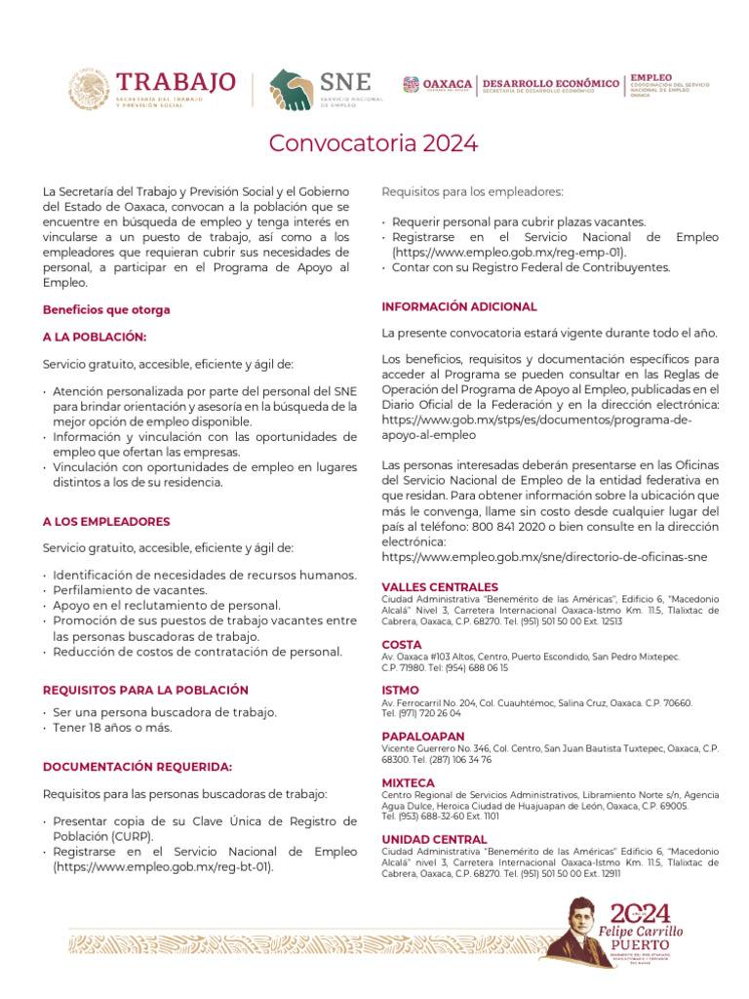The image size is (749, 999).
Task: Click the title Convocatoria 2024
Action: tap(374, 143)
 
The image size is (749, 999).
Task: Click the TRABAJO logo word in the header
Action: tap(176, 81)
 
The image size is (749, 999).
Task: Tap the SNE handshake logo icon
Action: tap(291, 89)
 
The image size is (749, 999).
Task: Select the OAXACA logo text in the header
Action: tap(448, 84)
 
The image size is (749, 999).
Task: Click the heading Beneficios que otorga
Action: tap(106, 309)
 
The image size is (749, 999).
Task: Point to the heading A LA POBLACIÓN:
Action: tap(95, 337)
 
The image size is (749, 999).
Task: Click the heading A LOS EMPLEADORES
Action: tap(106, 522)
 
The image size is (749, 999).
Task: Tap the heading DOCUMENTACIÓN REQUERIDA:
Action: tap(138, 767)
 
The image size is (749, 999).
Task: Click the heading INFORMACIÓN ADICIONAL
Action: tap(459, 306)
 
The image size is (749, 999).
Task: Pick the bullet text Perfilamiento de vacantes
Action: tap(130, 590)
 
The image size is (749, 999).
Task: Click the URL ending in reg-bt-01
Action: tap(164, 866)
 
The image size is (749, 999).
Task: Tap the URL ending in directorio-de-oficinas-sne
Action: tap(544, 556)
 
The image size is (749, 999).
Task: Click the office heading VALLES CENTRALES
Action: tap(439, 586)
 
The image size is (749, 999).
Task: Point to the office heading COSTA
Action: tap(402, 645)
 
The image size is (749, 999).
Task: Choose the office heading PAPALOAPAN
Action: tap(423, 736)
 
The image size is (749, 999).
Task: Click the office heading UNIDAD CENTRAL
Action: tap(434, 839)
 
